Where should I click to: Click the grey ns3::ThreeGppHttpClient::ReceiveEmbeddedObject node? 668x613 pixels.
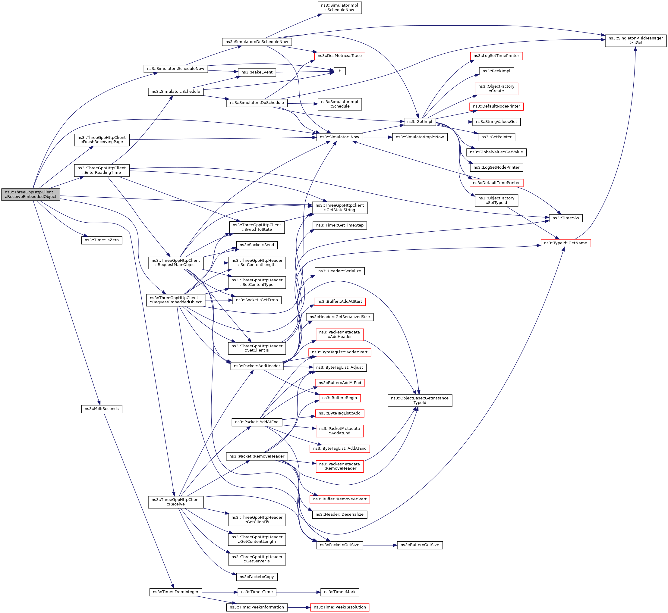coord(30,194)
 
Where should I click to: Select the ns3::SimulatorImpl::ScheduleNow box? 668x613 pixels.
coord(339,8)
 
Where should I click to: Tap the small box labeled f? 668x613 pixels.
coord(339,71)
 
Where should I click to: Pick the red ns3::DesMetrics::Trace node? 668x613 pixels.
coord(339,56)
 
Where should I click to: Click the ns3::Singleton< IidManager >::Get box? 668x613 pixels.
coord(635,40)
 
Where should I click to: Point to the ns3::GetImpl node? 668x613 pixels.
coord(419,122)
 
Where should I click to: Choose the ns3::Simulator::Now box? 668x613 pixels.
coord(339,137)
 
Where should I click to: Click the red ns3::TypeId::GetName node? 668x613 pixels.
coord(566,243)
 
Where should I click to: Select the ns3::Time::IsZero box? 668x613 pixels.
coord(102,240)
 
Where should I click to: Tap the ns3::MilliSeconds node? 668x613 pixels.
coord(102,409)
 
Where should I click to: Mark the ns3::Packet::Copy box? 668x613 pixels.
coord(257,577)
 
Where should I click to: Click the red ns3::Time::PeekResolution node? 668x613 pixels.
coord(339,607)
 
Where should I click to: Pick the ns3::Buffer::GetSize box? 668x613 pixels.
coord(419,545)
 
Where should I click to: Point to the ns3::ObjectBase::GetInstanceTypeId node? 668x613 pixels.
coord(419,400)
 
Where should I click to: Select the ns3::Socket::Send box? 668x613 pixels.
coord(257,245)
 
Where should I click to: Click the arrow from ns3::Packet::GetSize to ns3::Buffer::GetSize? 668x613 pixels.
coord(380,545)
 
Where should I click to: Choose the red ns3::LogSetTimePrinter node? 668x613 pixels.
coord(496,56)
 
